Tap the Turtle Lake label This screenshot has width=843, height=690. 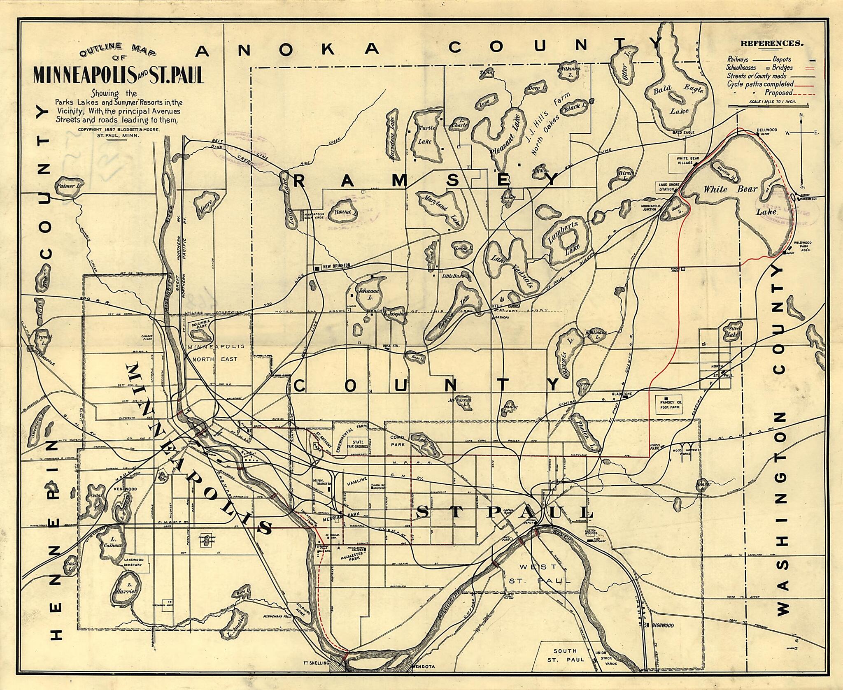click(425, 135)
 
